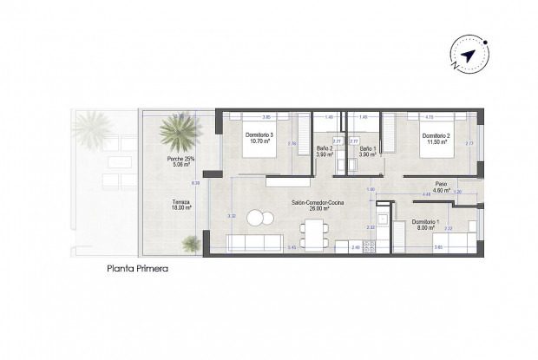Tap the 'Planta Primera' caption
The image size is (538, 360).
137,269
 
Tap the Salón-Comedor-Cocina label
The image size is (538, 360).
314,206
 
